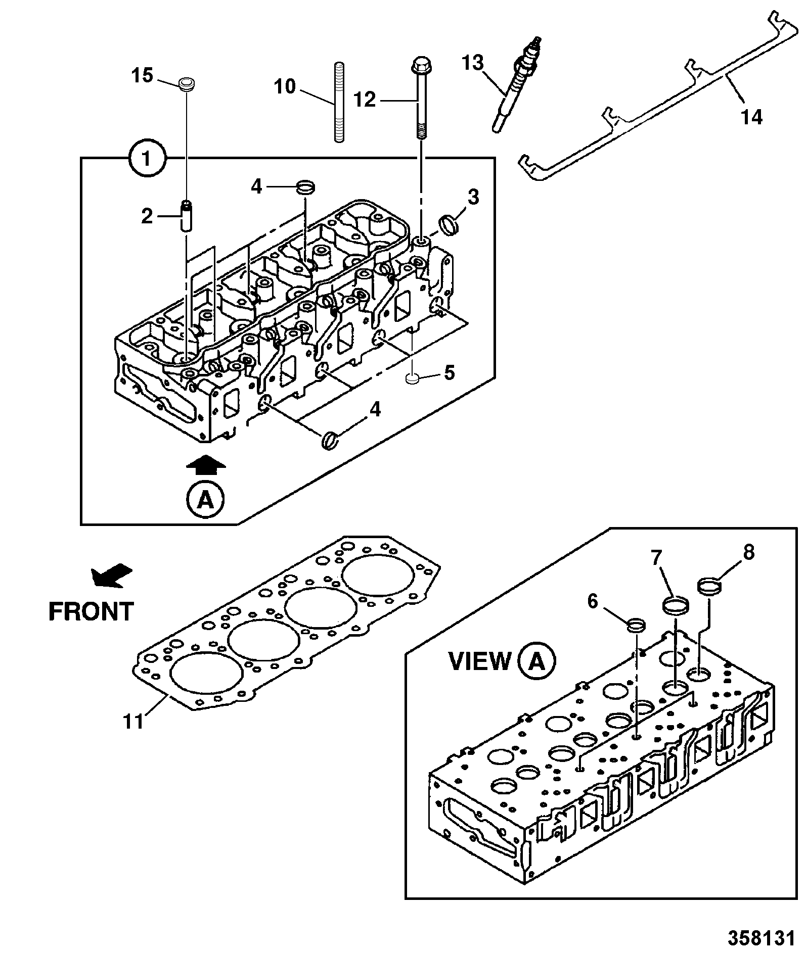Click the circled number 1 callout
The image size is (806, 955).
pos(147,159)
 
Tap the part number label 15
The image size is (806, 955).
pos(143,76)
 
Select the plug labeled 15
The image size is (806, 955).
pos(188,84)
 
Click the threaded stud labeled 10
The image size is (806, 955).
pos(339,102)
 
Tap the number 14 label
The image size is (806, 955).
pos(751,117)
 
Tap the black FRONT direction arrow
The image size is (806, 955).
pos(112,575)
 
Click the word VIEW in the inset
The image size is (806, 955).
pos(480,660)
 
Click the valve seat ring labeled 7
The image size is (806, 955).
pos(676,605)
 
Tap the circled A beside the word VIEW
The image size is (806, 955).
pos(536,660)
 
